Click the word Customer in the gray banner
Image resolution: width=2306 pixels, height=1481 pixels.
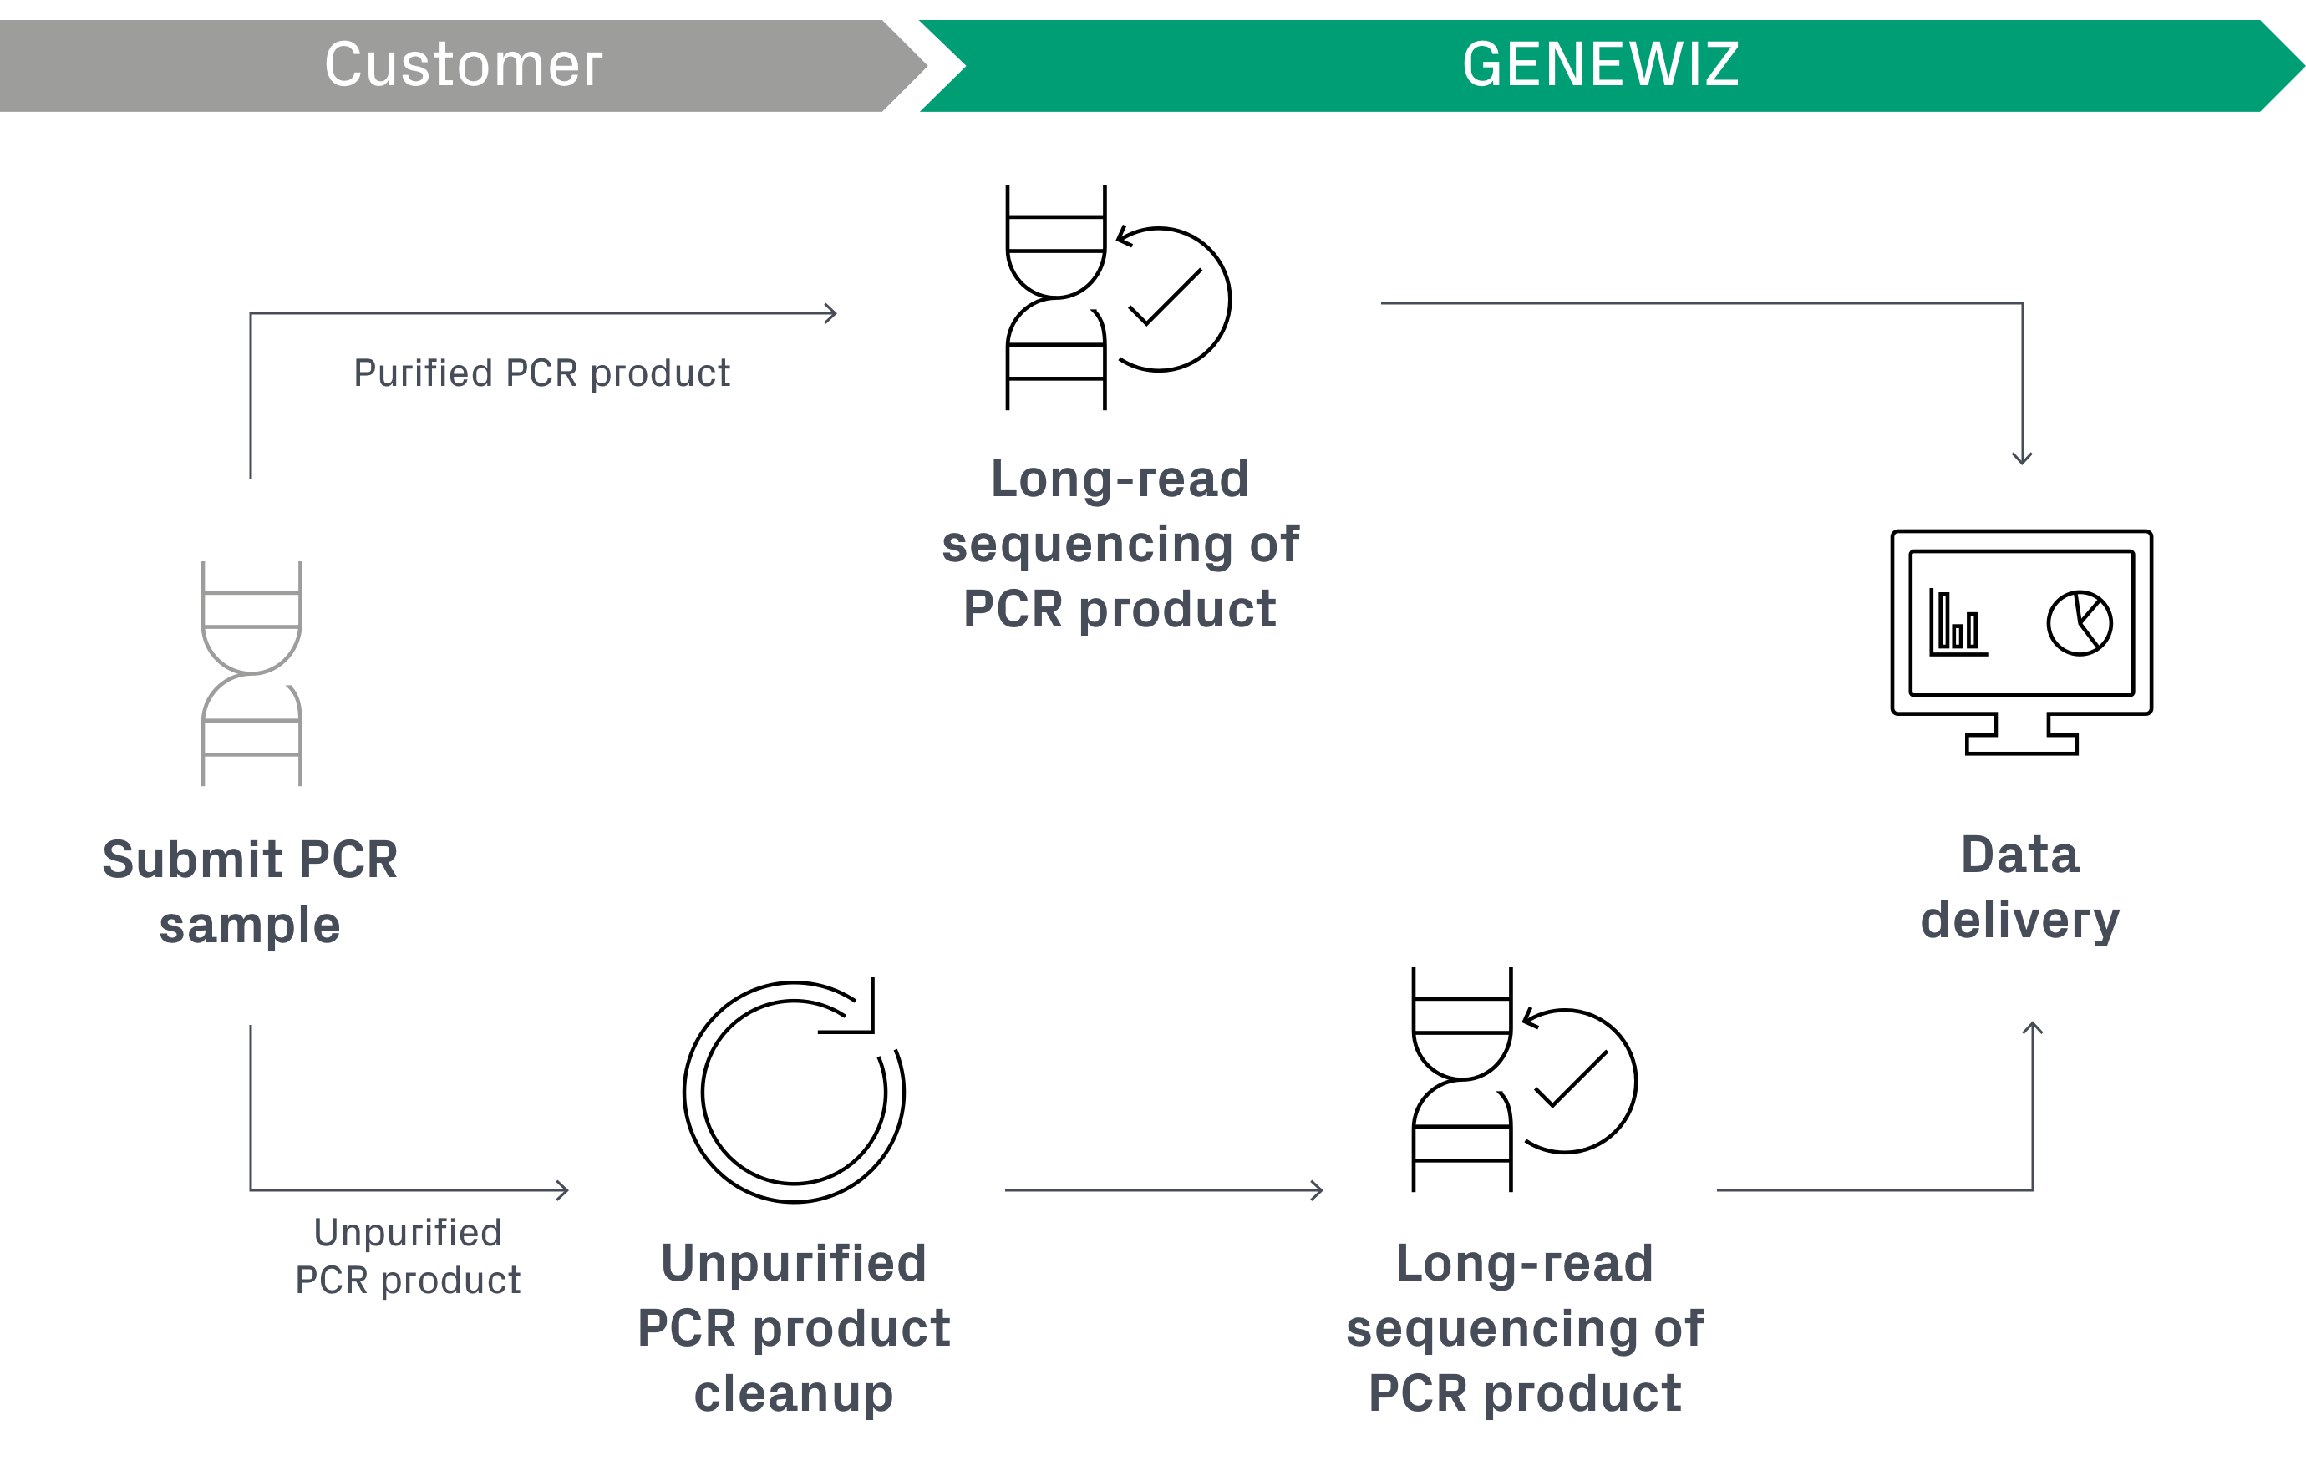tap(463, 65)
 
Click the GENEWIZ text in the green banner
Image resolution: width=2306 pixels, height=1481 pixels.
tap(1600, 65)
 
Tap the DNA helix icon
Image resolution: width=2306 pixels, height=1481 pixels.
tap(251, 673)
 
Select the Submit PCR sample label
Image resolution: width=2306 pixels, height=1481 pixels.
tap(250, 891)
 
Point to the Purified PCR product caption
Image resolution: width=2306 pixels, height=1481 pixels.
tap(541, 373)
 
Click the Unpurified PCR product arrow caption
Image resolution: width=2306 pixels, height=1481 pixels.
tap(408, 1256)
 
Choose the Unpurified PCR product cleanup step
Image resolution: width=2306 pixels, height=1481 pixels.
tap(794, 1327)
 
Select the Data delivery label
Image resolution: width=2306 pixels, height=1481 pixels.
tap(2019, 888)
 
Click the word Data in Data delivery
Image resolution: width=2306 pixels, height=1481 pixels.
tap(2019, 855)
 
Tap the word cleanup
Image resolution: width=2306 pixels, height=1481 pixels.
tap(794, 1393)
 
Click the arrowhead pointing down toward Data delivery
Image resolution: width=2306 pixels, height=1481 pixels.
tap(2022, 459)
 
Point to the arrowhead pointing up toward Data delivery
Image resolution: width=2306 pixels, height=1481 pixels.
tap(2032, 1027)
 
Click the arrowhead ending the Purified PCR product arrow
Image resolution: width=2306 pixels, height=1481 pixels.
tap(832, 313)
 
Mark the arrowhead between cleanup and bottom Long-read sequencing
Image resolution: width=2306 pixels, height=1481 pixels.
tap(1318, 1190)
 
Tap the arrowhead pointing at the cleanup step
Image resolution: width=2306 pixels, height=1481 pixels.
tap(563, 1190)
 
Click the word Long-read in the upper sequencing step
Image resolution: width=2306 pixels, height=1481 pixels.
tap(1120, 479)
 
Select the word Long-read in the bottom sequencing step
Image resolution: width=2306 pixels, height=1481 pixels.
tap(1524, 1263)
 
